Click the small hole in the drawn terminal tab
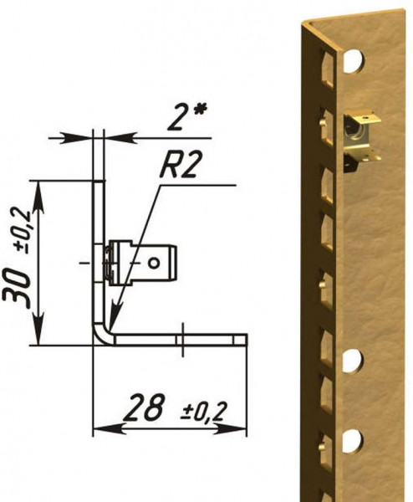coord(154,262)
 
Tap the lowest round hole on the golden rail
coord(352,439)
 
